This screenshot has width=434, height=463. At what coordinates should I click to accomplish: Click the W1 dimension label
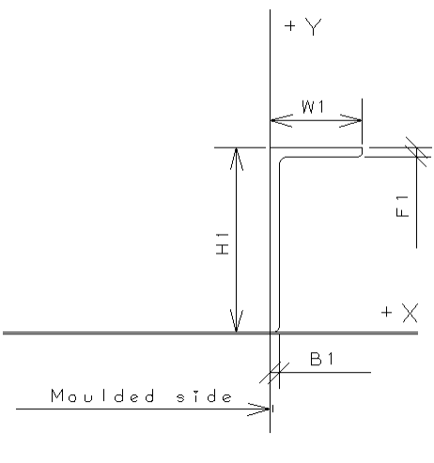click(313, 107)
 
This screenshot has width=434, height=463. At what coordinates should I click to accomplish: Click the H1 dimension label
click(223, 244)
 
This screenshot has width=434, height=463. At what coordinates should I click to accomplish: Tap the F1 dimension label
click(402, 207)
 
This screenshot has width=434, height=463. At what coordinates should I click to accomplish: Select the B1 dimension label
click(322, 359)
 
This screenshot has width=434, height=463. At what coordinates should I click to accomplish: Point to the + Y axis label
click(303, 27)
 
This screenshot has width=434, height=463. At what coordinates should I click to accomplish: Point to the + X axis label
click(400, 313)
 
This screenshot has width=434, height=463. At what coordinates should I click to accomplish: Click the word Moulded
click(102, 395)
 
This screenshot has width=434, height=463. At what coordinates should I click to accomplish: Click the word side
click(204, 396)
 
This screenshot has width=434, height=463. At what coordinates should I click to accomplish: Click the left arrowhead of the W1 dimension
click(282, 120)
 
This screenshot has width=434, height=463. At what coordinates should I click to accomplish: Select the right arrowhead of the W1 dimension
click(350, 120)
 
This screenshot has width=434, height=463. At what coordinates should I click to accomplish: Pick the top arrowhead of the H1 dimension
click(237, 159)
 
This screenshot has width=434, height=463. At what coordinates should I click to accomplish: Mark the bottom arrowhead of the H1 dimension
click(237, 320)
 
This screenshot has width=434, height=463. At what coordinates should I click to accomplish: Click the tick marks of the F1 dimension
click(417, 152)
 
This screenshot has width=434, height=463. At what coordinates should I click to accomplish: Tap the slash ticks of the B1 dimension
click(274, 373)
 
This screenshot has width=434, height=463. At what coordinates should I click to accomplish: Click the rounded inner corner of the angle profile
click(281, 160)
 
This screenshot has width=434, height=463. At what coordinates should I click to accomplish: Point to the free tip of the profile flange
click(362, 152)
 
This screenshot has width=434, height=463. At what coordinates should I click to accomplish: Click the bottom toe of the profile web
click(277, 330)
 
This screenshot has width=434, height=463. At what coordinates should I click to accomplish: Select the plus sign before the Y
click(290, 26)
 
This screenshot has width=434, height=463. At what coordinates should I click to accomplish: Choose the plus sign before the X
click(387, 312)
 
